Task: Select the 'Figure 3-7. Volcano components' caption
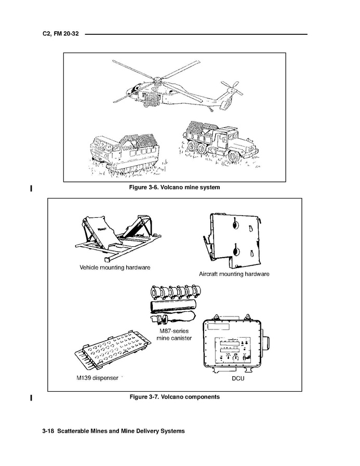point(175,397)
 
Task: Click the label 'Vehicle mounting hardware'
point(115,268)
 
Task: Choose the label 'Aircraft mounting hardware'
point(234,274)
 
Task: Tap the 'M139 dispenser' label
point(97,378)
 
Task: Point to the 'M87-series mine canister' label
point(174,334)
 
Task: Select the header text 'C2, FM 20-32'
point(60,35)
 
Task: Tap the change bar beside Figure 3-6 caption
point(32,188)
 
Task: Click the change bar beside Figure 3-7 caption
point(32,398)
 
